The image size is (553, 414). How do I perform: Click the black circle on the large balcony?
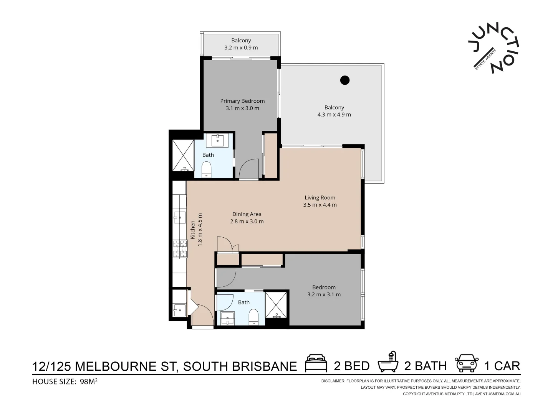point(345,80)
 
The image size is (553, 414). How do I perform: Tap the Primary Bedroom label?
point(242,101)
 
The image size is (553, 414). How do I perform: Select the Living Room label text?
point(320,198)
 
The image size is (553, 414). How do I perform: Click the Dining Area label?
point(247,214)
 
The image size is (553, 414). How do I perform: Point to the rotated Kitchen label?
point(193,230)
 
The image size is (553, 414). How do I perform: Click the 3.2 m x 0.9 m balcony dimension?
point(241,48)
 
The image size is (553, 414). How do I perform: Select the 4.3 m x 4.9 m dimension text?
point(334,115)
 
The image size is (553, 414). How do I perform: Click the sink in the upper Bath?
point(218,140)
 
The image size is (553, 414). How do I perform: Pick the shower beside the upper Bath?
point(183,155)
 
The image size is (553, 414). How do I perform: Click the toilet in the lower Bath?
point(253,317)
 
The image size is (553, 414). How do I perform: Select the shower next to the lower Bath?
point(276,305)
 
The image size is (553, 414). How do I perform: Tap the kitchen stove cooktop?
point(179,248)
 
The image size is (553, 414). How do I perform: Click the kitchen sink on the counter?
point(179,217)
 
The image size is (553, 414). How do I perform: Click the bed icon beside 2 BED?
point(316,364)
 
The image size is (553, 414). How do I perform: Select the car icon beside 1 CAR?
point(467,363)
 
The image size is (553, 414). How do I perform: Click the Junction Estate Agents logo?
point(494,48)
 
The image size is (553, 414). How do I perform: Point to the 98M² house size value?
point(89,381)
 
